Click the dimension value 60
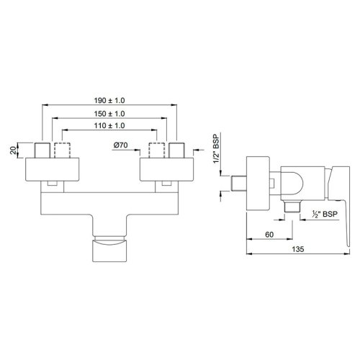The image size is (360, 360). (269, 234)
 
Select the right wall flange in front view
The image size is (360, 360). (167, 171)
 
